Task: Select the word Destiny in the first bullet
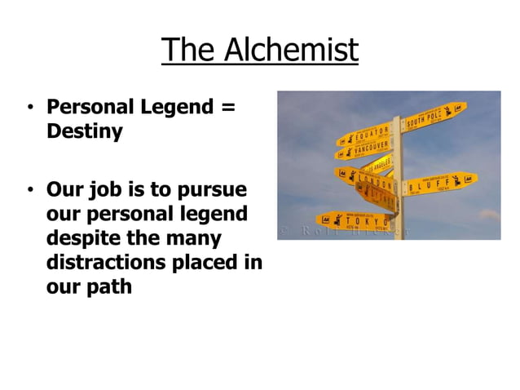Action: (85, 131)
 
